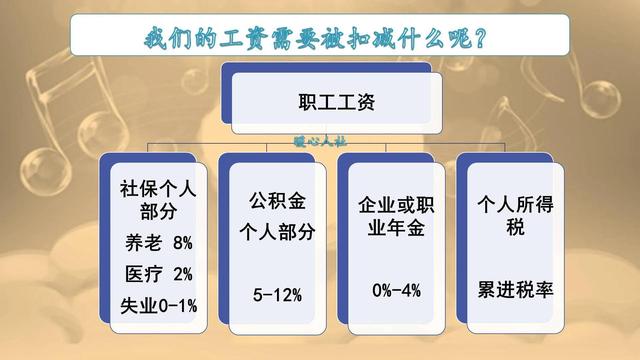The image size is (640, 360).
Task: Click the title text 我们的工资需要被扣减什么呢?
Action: click(x=318, y=40)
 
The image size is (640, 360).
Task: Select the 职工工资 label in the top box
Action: click(x=334, y=102)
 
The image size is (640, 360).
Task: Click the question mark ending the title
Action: click(x=484, y=41)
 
